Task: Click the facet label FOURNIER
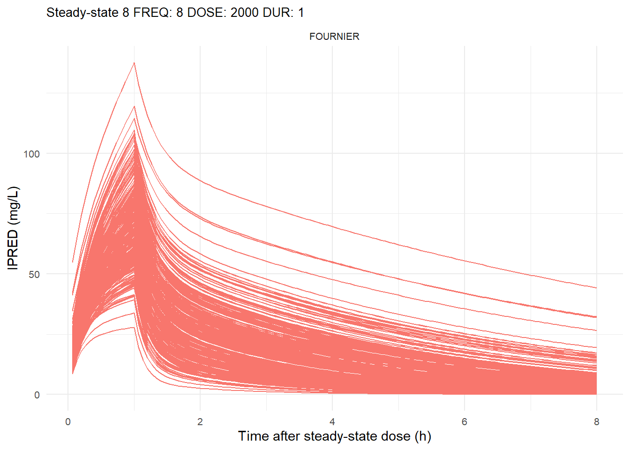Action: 334,37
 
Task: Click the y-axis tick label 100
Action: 32,154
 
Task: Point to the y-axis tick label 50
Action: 34,274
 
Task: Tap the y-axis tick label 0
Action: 37,395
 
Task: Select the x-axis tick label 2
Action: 200,422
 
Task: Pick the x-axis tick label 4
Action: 332,422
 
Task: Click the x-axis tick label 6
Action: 465,422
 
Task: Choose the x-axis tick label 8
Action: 596,422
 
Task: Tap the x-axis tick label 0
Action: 68,422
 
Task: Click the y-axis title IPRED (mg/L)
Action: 13,228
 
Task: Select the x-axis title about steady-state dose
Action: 334,436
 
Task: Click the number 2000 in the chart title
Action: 244,13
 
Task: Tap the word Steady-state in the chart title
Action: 82,13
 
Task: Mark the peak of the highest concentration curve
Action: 134,62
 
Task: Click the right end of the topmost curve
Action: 596,288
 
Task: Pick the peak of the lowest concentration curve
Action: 134,327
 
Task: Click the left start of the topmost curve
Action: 73,262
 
